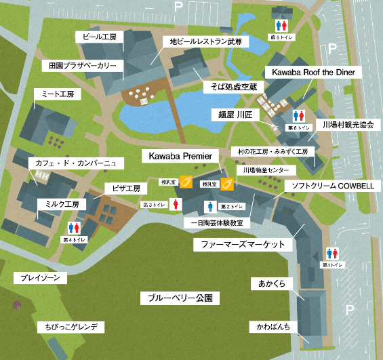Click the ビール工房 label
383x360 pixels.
[x=100, y=36]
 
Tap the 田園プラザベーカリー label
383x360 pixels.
[x=83, y=66]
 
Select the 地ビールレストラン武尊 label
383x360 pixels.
[x=205, y=42]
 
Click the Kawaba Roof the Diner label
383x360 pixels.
[x=313, y=72]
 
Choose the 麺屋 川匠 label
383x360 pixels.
[x=231, y=115]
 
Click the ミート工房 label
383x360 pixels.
[x=57, y=94]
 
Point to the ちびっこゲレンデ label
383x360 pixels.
[x=70, y=327]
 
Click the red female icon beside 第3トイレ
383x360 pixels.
[x=175, y=203]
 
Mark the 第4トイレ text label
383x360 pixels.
[x=74, y=240]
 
